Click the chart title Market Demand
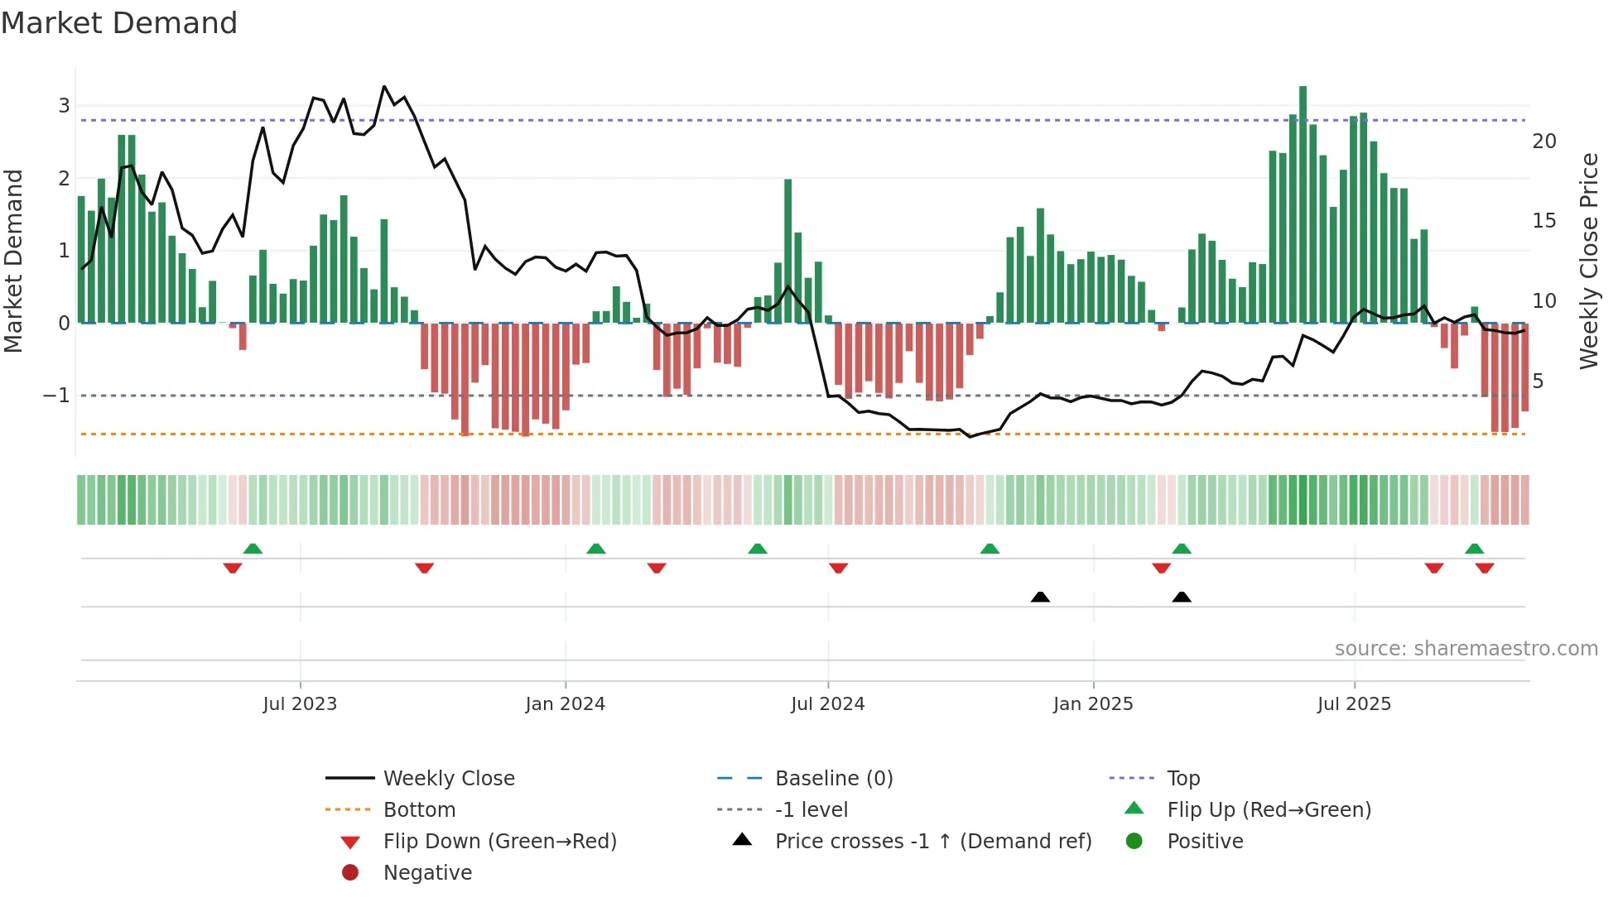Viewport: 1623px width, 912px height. tap(119, 23)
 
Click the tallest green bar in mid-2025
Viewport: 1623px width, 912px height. tap(1303, 207)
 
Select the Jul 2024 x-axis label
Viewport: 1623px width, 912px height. tap(827, 704)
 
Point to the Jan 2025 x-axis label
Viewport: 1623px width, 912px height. tap(1092, 704)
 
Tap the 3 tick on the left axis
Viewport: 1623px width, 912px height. tap(64, 106)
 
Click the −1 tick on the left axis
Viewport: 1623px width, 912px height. tap(56, 396)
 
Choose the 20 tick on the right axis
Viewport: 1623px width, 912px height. tap(1544, 142)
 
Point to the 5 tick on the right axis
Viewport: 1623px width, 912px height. tap(1538, 382)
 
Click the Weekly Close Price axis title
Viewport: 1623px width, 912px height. tap(1588, 261)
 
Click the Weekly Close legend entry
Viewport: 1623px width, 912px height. tap(448, 779)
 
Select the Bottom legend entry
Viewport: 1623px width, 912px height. tap(419, 810)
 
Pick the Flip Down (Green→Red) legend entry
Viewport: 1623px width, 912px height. tap(499, 842)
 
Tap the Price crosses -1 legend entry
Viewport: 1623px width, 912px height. tap(932, 842)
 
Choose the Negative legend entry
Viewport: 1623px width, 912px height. tap(427, 873)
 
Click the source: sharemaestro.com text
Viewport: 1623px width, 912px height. tap(1466, 649)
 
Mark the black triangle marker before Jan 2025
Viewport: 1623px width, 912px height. tap(1040, 598)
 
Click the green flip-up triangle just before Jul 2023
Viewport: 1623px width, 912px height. tap(253, 549)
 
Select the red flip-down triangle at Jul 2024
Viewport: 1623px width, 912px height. tap(838, 568)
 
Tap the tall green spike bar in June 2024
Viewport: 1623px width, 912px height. tap(788, 248)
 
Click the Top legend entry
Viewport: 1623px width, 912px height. tap(1182, 779)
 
